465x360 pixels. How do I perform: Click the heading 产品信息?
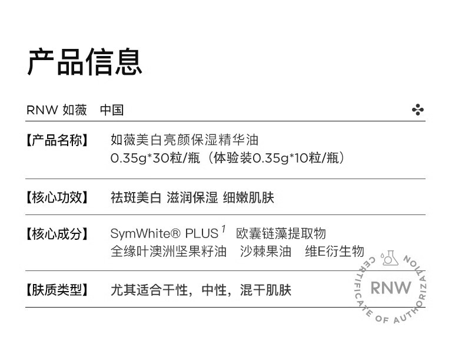(x=85, y=62)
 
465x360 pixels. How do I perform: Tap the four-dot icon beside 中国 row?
(x=418, y=110)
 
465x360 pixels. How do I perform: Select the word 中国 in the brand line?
(x=111, y=110)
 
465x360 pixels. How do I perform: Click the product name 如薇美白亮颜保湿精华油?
(x=184, y=140)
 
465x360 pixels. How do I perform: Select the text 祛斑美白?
(x=135, y=197)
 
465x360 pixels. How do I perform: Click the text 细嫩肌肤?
(x=248, y=197)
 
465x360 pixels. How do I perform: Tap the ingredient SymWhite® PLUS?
(x=164, y=234)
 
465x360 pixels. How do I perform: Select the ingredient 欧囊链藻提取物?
(x=281, y=234)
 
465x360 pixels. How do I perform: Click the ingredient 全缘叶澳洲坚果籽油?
(x=168, y=252)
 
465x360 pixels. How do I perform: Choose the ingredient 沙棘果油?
(x=265, y=252)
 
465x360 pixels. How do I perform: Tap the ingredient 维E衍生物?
(x=334, y=252)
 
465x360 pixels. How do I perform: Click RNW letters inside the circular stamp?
(x=391, y=288)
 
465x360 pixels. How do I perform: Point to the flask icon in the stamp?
(x=390, y=259)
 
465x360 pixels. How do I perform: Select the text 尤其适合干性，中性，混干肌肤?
(x=201, y=290)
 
